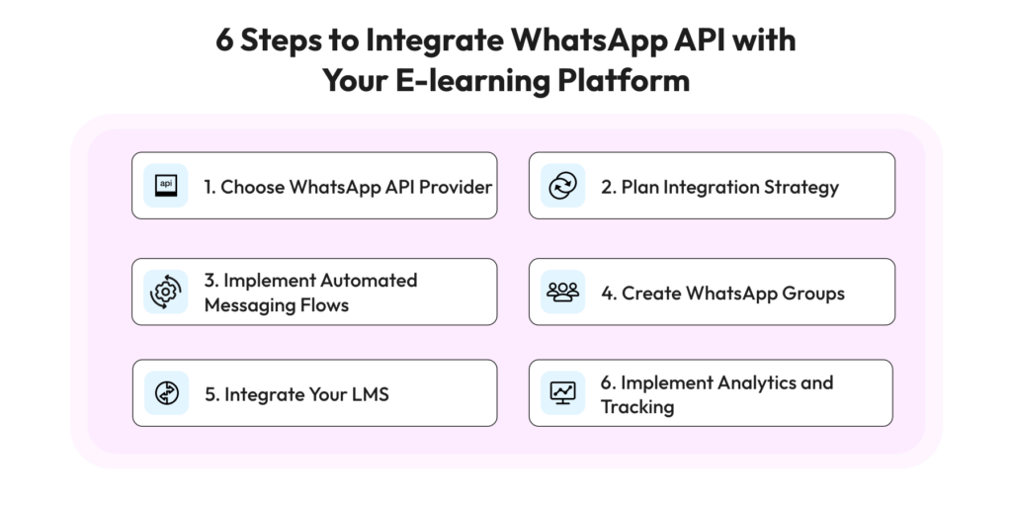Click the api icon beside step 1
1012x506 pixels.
(x=166, y=186)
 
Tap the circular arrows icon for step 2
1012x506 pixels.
(x=562, y=186)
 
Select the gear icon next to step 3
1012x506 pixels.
(x=166, y=292)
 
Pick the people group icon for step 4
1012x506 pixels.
(x=562, y=292)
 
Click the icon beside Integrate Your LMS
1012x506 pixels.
(x=166, y=393)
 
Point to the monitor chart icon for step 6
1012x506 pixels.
(x=562, y=393)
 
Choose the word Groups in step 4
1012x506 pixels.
(x=813, y=294)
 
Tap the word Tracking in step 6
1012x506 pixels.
(x=637, y=407)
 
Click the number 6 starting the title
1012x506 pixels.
(x=224, y=40)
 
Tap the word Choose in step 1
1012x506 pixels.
(x=252, y=187)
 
